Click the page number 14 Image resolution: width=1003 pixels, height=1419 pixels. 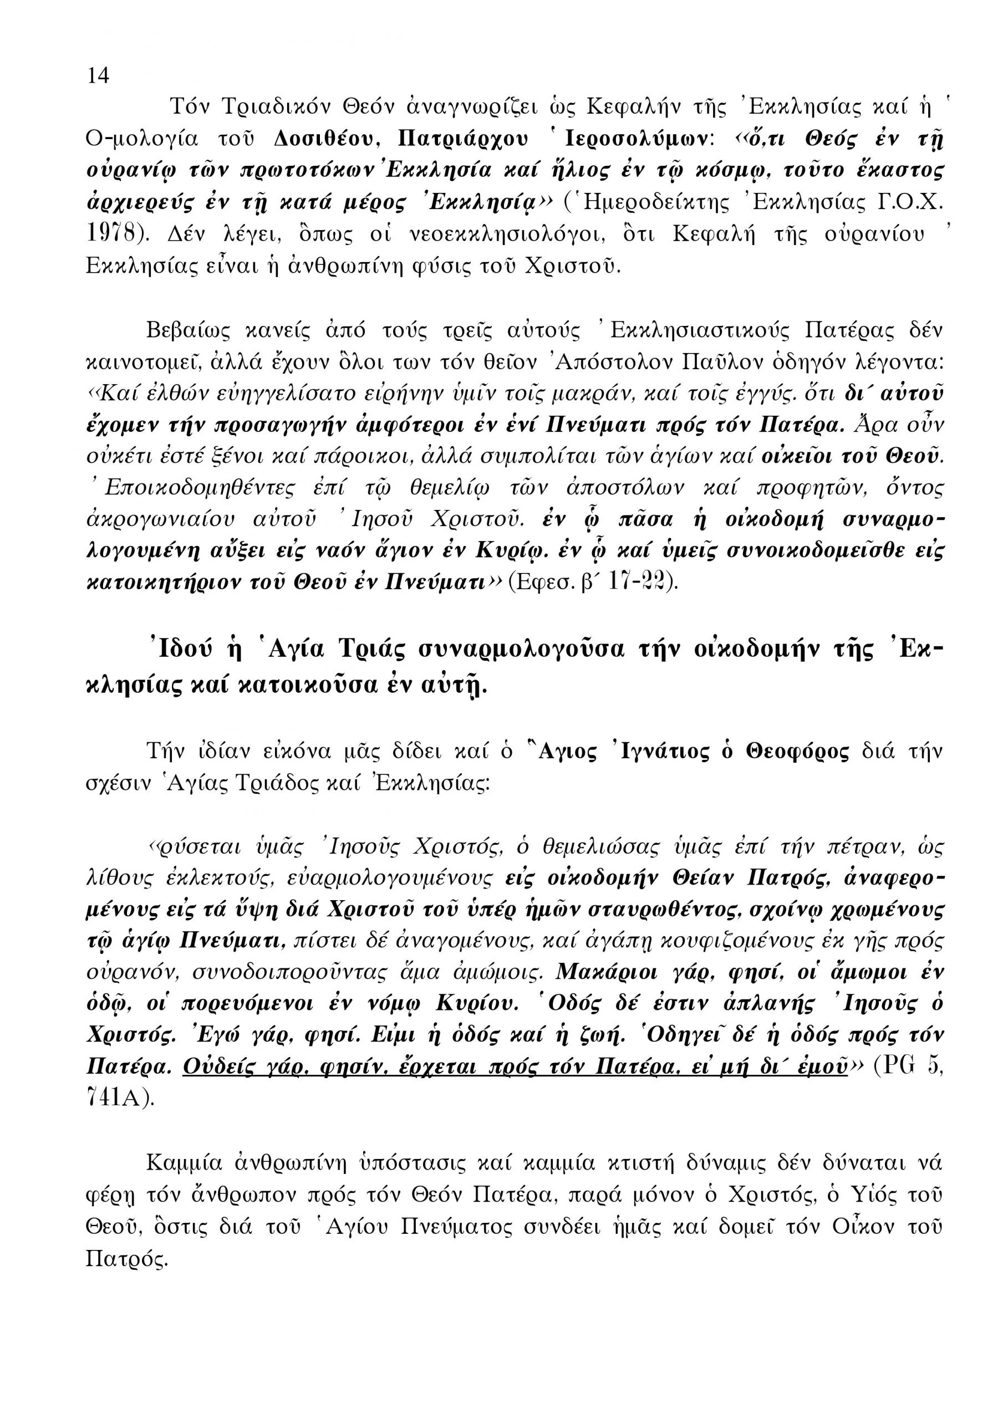click(x=98, y=75)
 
